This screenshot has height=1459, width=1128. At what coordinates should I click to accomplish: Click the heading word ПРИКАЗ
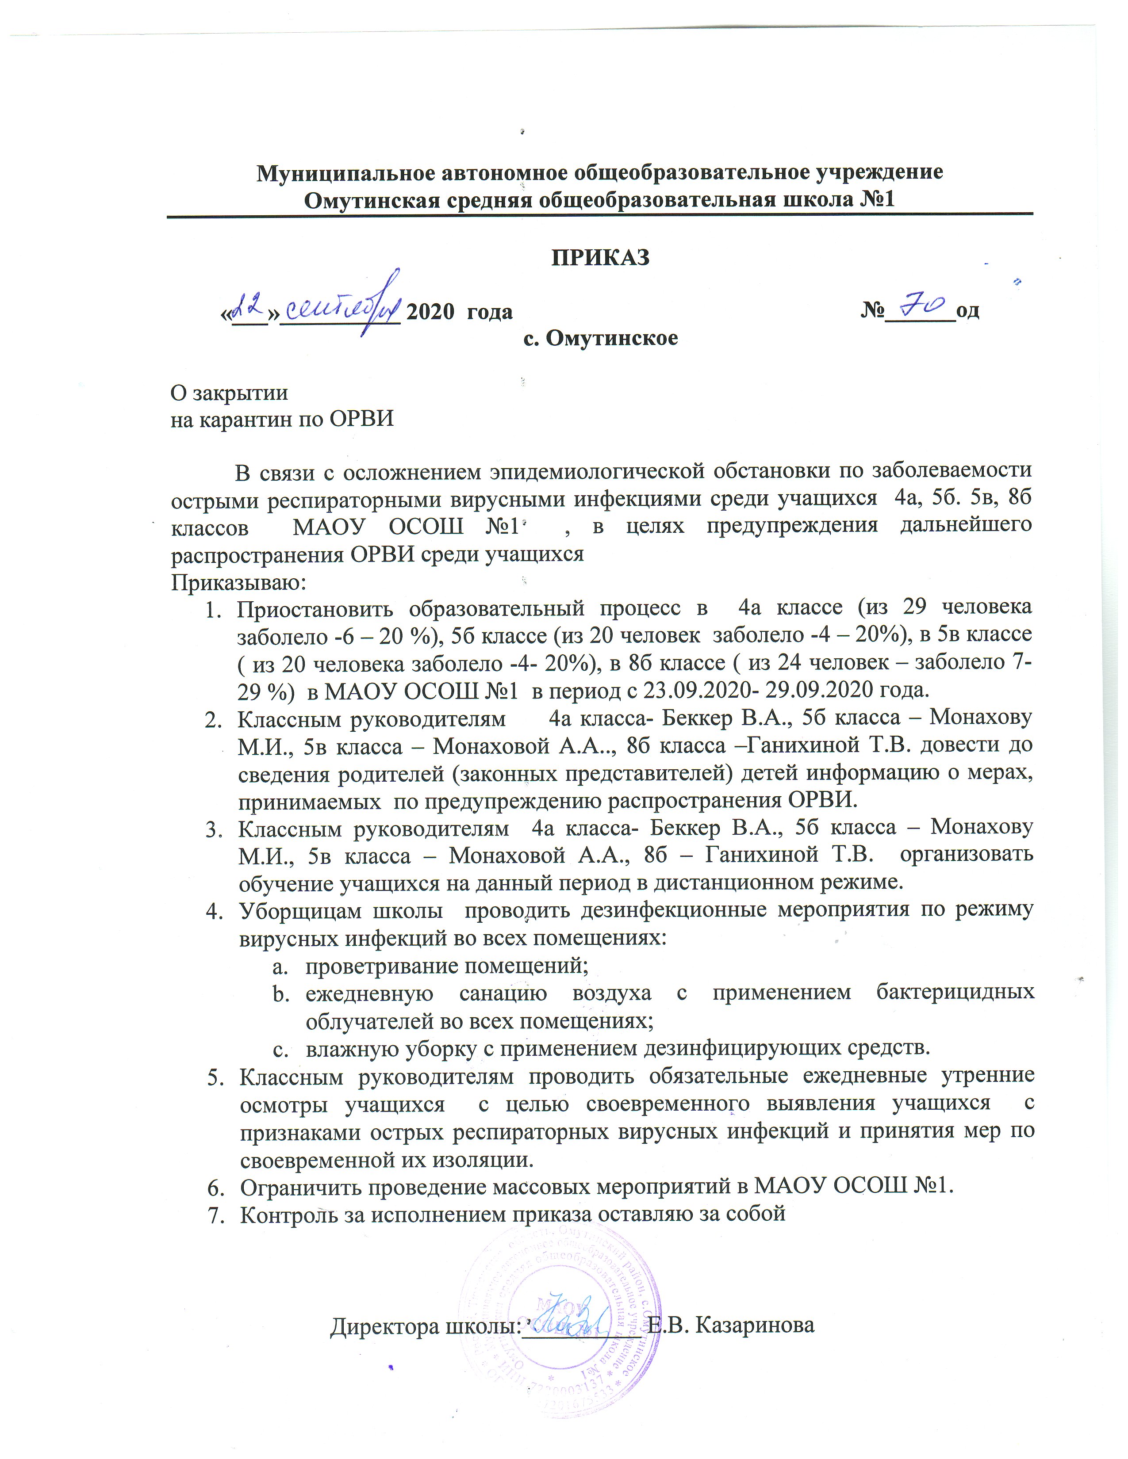pyautogui.click(x=600, y=257)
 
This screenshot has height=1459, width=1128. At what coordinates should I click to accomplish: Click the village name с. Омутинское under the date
pyautogui.click(x=600, y=338)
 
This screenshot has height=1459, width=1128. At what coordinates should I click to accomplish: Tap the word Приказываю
pyautogui.click(x=238, y=582)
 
